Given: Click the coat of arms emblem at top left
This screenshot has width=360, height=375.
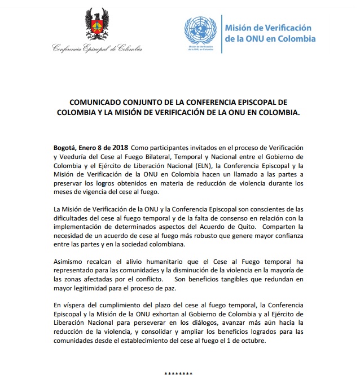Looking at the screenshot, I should (x=96, y=26).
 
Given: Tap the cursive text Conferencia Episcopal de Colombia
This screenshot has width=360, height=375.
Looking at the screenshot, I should (x=97, y=49).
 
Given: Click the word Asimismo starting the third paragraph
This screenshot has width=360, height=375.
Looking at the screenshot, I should (x=70, y=262).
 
